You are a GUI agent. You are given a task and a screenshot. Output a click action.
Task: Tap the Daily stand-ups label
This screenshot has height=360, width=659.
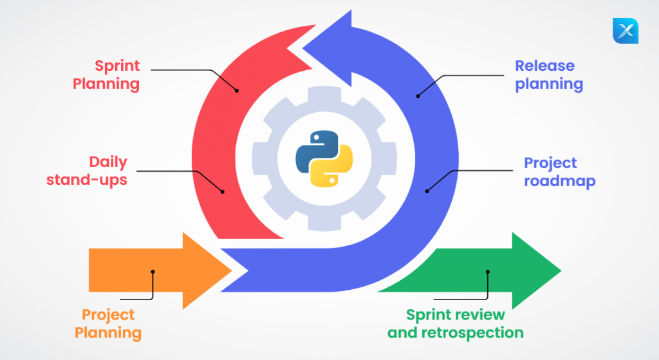(87, 171)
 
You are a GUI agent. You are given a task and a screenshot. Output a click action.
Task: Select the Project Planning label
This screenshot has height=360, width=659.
(108, 324)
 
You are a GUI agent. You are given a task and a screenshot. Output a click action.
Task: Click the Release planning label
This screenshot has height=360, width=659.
(549, 75)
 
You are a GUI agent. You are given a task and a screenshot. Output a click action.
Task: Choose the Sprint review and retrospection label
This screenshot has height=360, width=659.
(455, 324)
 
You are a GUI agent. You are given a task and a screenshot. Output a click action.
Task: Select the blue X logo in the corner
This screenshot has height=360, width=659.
(626, 31)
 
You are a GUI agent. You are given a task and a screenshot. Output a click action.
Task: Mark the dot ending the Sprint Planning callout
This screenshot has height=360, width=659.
(237, 90)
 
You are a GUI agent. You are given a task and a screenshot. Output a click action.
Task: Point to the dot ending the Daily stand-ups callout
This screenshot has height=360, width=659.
(222, 191)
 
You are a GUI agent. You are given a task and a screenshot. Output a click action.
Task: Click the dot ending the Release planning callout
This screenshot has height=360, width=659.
(418, 95)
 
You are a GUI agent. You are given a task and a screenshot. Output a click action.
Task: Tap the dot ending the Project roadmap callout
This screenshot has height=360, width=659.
(427, 191)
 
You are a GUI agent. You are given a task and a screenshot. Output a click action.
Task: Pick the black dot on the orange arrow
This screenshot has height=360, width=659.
(153, 272)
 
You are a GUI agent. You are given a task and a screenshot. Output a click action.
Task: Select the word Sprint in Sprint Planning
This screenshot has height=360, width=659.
(117, 66)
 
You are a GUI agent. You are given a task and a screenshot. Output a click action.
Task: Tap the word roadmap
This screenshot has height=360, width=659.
(559, 181)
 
